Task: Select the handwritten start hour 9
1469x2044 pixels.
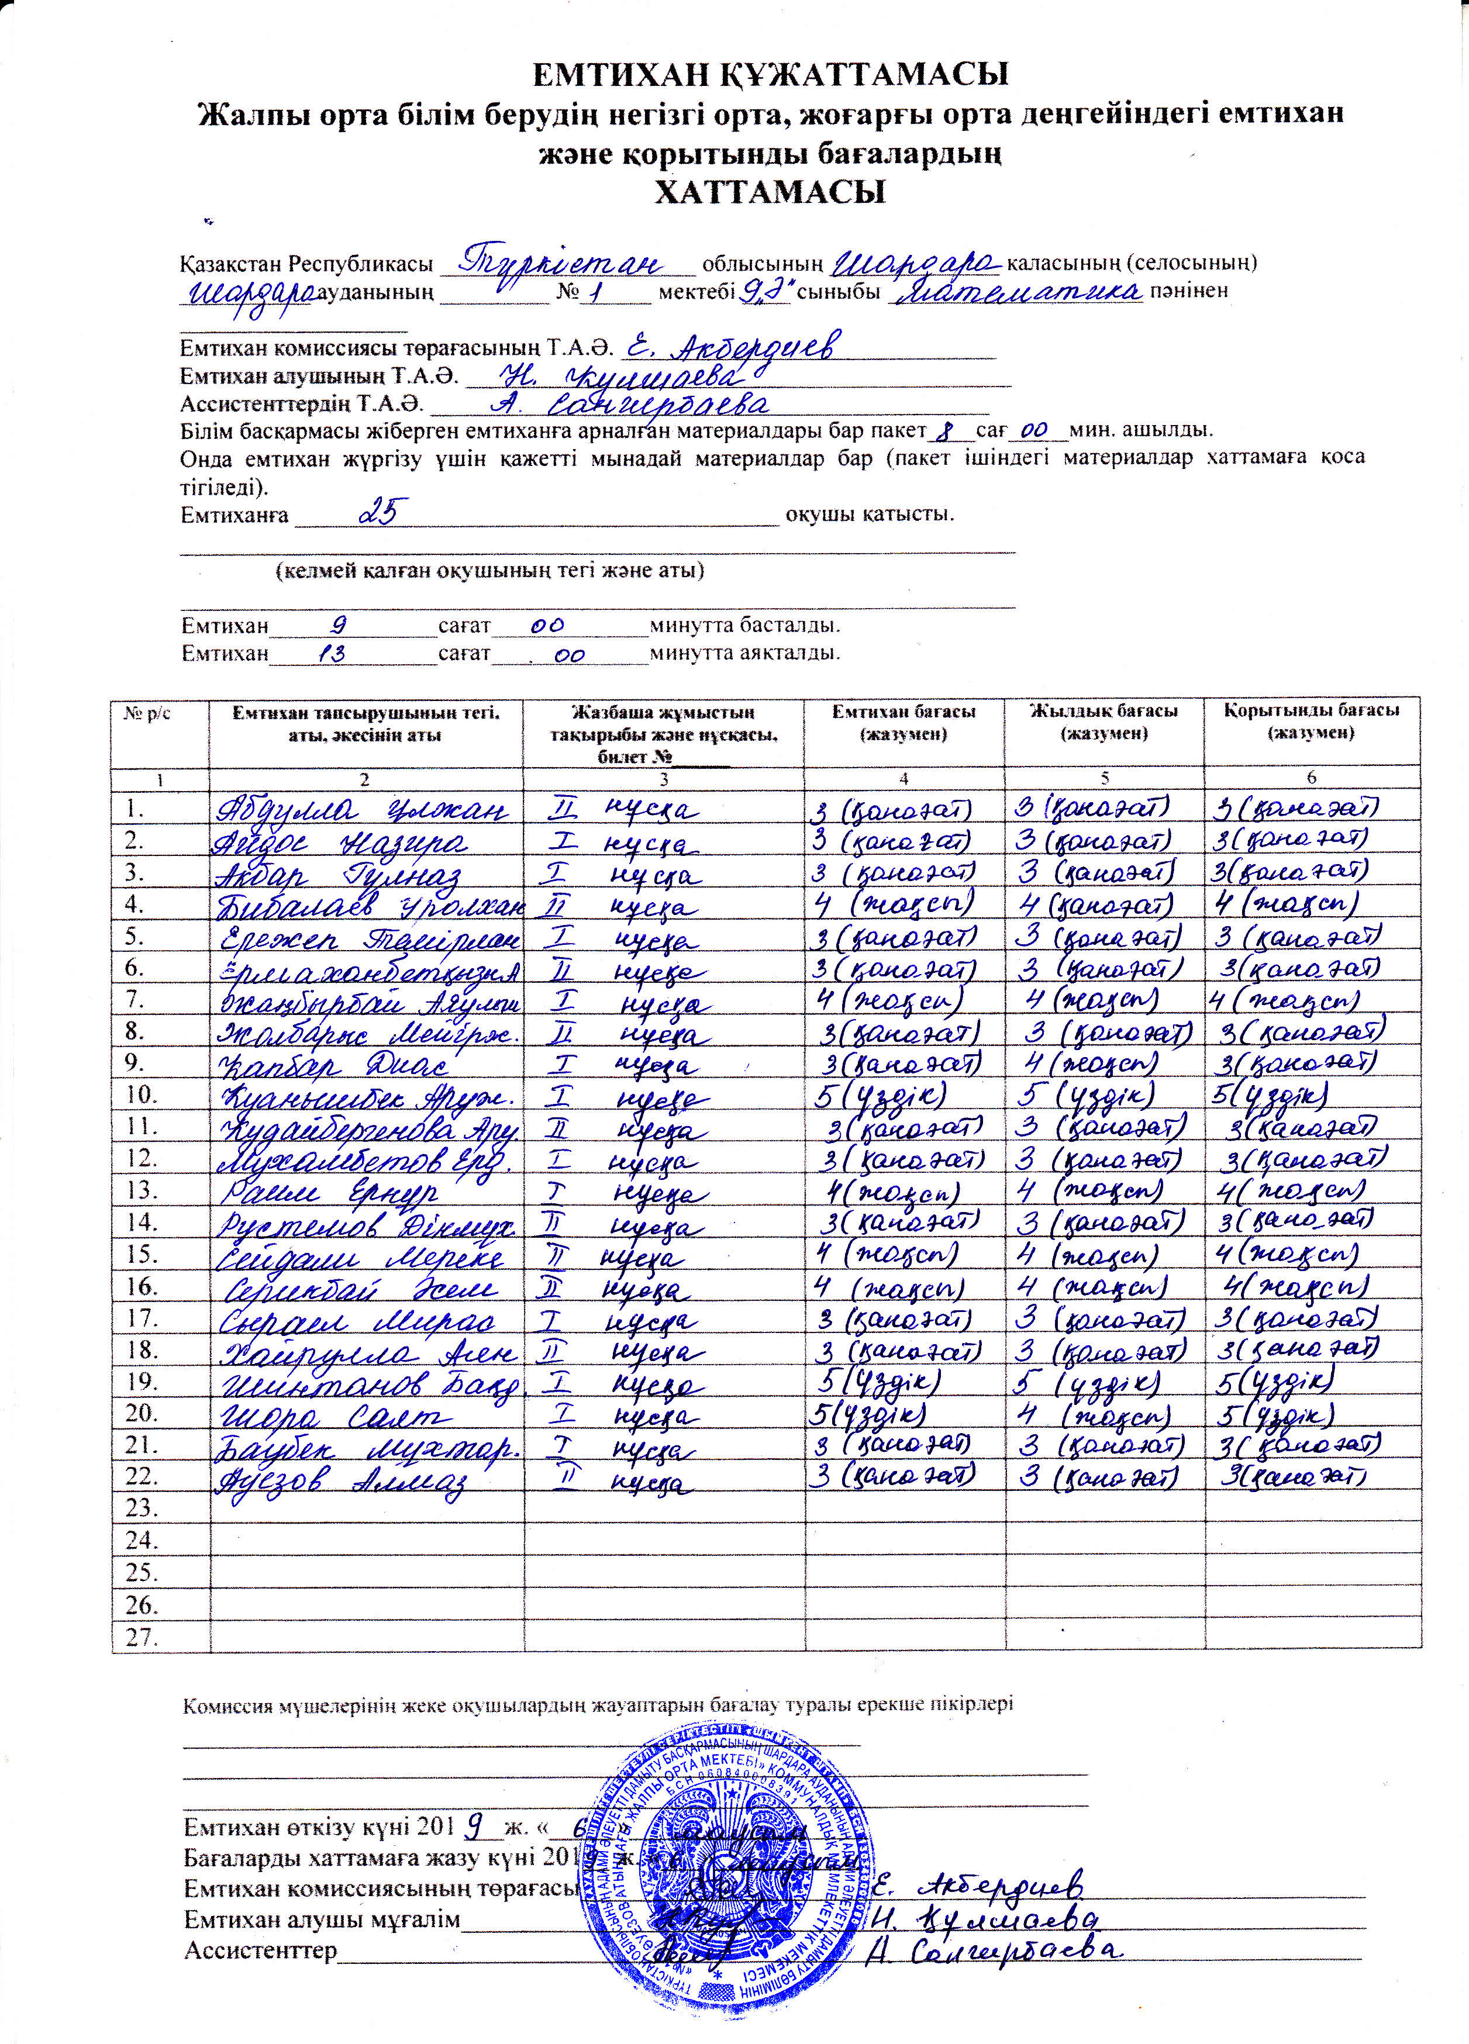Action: [x=341, y=624]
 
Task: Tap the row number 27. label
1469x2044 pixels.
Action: [x=142, y=1636]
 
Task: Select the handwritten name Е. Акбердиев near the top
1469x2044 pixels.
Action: [x=734, y=346]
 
